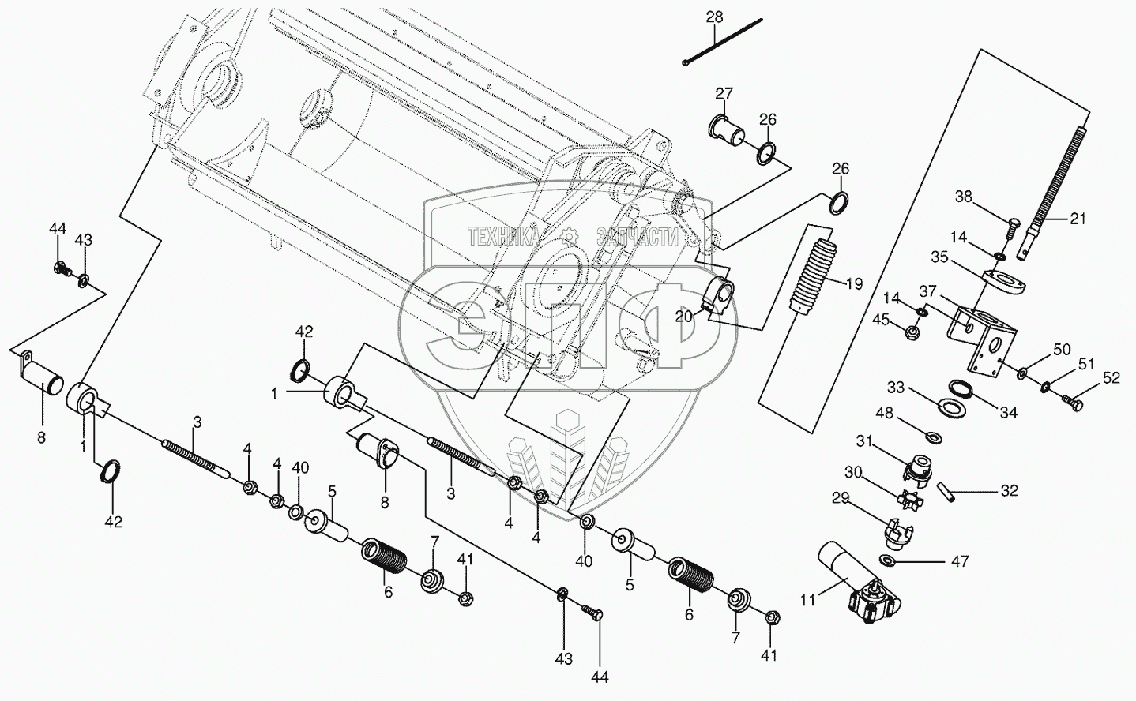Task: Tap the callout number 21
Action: pos(1077,219)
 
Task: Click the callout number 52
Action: pos(1112,378)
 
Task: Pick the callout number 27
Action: pos(724,94)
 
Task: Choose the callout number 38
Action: pos(965,197)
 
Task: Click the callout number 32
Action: pos(1009,491)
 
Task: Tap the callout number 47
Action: pos(960,562)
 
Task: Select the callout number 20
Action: pos(685,316)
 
